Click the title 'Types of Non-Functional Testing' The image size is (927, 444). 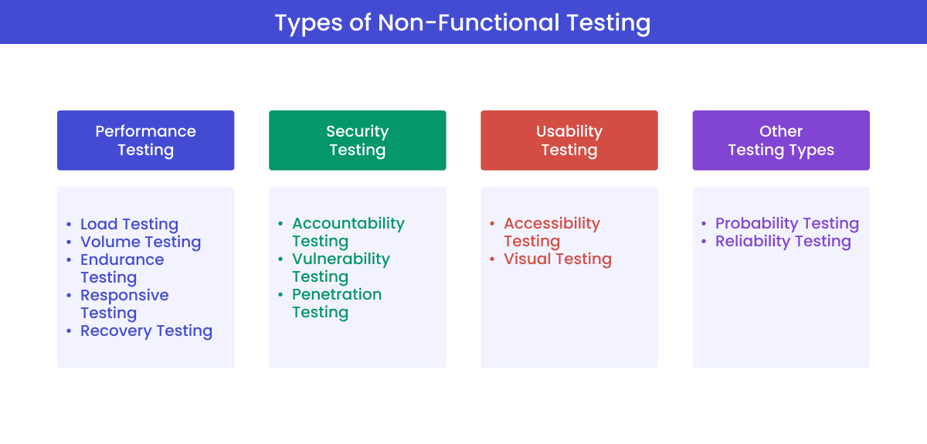click(463, 22)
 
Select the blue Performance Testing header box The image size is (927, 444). click(145, 141)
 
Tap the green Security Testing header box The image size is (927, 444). click(357, 141)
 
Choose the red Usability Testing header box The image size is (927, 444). click(569, 141)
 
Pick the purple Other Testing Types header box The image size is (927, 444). click(780, 141)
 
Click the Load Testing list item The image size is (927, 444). click(129, 225)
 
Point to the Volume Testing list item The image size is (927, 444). click(141, 242)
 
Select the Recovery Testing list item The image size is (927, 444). click(146, 331)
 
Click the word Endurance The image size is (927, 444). click(122, 260)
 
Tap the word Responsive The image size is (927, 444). click(124, 296)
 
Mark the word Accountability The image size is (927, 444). click(348, 224)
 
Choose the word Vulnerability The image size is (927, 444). click(341, 259)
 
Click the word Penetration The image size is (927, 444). click(337, 295)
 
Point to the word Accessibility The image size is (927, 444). click(552, 224)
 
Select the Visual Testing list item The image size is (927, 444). click(557, 259)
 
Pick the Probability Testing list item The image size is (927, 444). click(786, 224)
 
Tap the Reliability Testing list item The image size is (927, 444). click(783, 242)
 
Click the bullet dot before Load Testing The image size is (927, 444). click(69, 225)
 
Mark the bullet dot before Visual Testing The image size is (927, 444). click(492, 260)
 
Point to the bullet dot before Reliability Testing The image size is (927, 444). click(704, 242)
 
